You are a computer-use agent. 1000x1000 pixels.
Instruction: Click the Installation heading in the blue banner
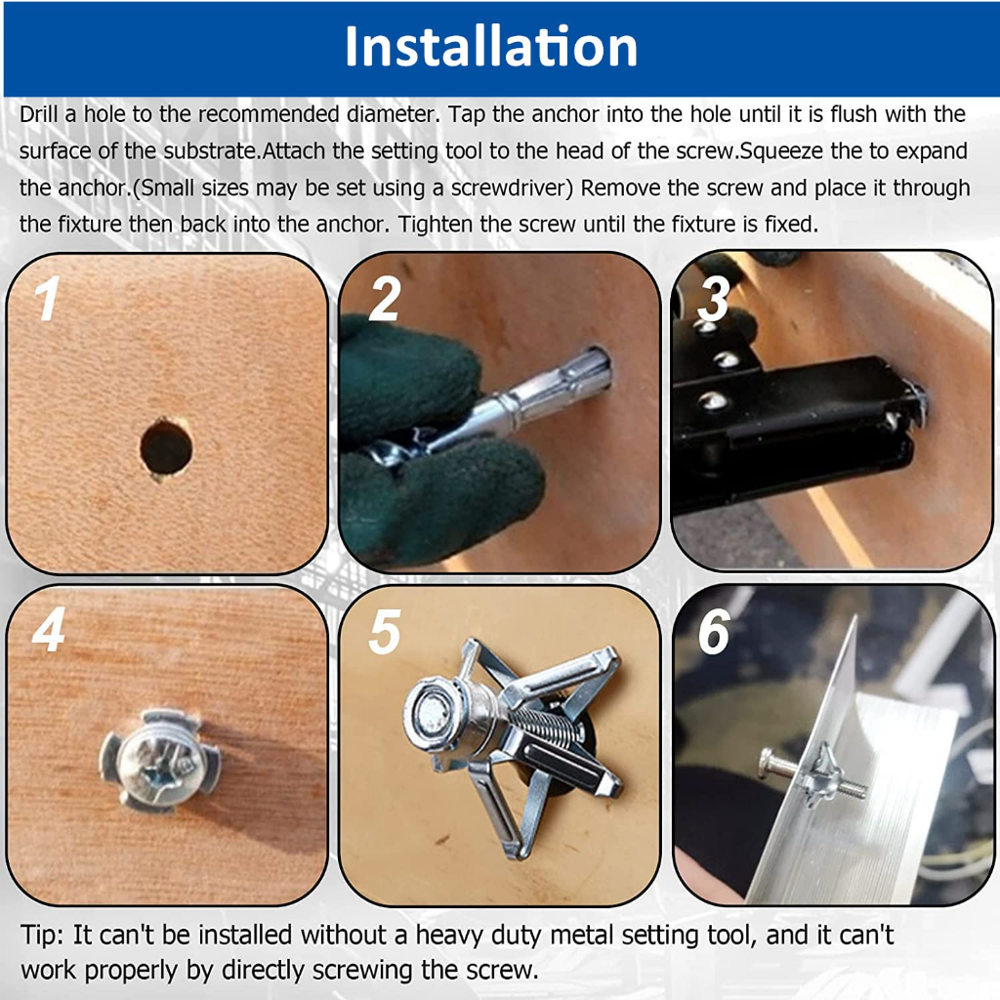[x=491, y=47]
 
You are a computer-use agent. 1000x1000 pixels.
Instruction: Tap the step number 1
[x=47, y=299]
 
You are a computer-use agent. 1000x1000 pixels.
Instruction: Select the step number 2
[x=385, y=299]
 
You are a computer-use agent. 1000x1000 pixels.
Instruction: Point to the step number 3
[x=714, y=299]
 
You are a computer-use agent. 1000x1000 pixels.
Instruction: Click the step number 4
[x=49, y=630]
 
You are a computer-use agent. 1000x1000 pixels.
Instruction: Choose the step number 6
[x=714, y=632]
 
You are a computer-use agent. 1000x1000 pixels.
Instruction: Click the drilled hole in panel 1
[x=166, y=447]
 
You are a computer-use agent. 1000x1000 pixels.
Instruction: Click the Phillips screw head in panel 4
[x=160, y=761]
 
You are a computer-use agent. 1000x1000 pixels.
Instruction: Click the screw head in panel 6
[x=770, y=763]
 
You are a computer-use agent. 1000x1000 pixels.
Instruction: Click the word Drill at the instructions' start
[x=39, y=114]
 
